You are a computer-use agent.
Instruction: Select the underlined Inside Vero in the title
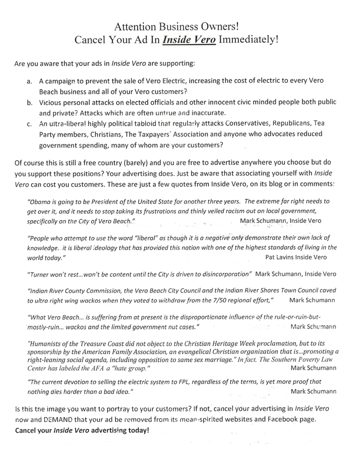coord(189,40)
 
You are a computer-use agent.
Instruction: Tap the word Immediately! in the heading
coord(248,40)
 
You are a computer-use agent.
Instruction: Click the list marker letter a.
coord(29,82)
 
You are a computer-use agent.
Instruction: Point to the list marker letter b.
coord(30,103)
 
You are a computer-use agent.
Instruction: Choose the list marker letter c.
coord(29,124)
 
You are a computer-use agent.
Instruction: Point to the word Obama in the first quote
coord(40,201)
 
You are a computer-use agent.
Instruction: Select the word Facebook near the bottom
coord(281,419)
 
